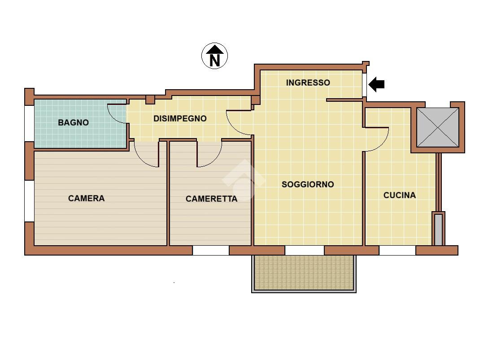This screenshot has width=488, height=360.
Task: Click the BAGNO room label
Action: (x=73, y=122)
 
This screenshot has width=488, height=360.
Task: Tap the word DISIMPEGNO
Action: (x=180, y=118)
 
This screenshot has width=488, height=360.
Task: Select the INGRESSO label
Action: (x=308, y=82)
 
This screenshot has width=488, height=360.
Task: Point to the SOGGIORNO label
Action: (x=308, y=184)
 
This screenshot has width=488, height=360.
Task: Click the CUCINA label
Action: (x=399, y=195)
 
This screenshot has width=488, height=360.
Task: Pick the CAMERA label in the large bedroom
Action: (x=86, y=198)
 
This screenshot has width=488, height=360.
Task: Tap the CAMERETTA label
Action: (x=211, y=199)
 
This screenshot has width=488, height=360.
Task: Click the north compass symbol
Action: (x=214, y=56)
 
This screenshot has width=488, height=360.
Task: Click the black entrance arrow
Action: (x=376, y=84)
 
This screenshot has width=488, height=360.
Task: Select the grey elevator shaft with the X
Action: (x=438, y=127)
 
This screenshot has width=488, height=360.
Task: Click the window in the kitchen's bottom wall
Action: (x=397, y=251)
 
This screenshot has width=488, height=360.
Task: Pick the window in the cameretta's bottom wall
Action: (x=211, y=251)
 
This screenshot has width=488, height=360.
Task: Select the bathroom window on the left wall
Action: (x=29, y=124)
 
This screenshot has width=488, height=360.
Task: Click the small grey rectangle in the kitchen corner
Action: (x=438, y=229)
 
